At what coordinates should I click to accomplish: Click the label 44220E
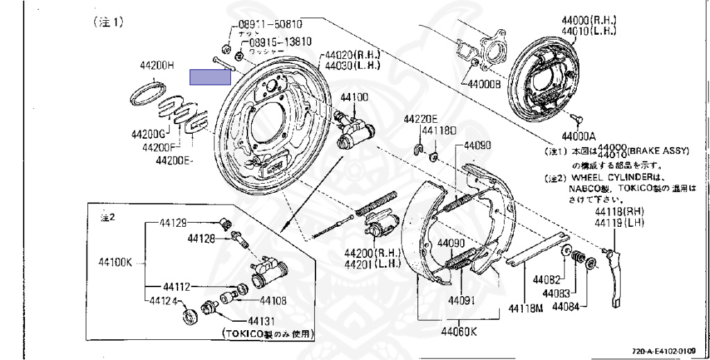tap(422, 118)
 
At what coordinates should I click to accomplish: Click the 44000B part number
tap(483, 85)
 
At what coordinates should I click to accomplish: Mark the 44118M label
tap(525, 308)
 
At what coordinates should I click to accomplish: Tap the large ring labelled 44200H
tap(148, 92)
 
